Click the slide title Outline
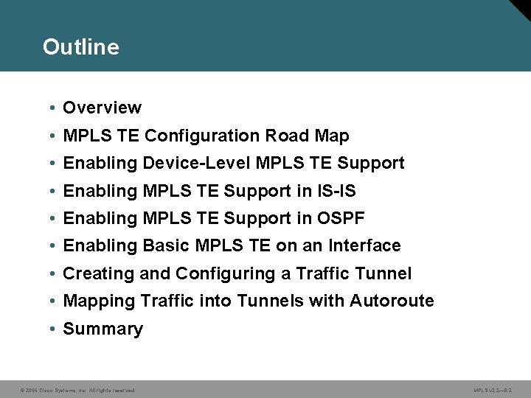coord(80,47)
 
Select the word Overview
coord(102,108)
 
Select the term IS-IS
coord(336,191)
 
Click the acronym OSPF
coord(340,218)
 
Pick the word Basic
coord(167,245)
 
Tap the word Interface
coord(364,245)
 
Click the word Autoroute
coord(392,301)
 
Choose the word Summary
coord(103,329)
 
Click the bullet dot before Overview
coord(55,108)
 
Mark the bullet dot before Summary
coord(55,329)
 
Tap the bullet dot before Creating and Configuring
coord(55,274)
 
